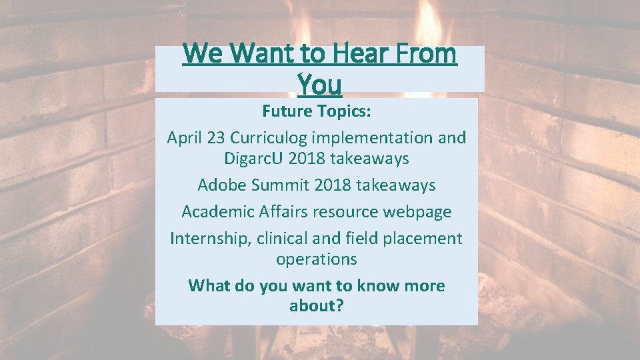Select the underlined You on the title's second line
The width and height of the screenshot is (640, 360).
pyautogui.click(x=319, y=84)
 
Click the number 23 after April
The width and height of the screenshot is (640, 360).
pyautogui.click(x=216, y=138)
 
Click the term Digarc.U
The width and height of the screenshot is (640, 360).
pyautogui.click(x=253, y=159)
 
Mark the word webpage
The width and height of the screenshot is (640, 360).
pyautogui.click(x=417, y=212)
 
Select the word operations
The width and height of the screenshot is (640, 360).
pyautogui.click(x=317, y=259)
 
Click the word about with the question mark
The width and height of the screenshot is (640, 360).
pyautogui.click(x=317, y=306)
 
